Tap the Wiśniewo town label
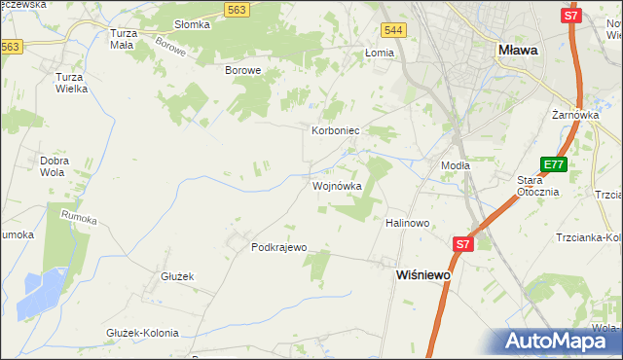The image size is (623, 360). (424, 275)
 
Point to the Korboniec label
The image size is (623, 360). (336, 129)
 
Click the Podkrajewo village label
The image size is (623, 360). (279, 247)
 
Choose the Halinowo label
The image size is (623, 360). (408, 223)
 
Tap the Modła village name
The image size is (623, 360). (455, 165)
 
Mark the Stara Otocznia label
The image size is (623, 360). (537, 186)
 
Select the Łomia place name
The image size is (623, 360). (379, 54)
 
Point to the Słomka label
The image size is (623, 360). (192, 24)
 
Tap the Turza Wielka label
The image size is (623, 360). (72, 82)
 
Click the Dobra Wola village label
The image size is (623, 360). (53, 165)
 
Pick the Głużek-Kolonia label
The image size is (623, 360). (142, 333)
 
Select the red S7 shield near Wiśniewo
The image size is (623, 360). (462, 244)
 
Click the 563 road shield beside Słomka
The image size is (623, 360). (235, 9)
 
